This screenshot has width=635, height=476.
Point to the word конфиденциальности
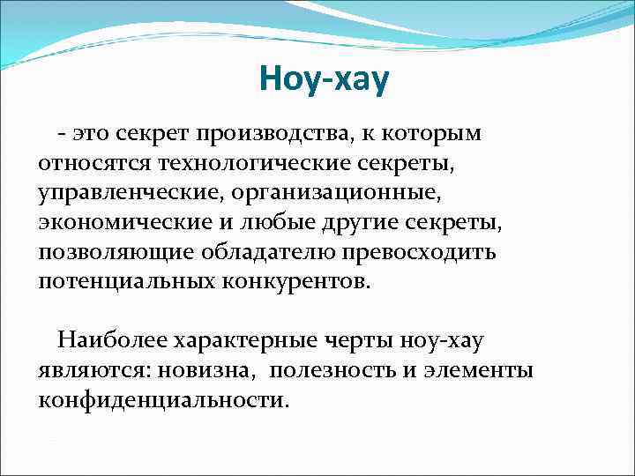[x=164, y=400]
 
